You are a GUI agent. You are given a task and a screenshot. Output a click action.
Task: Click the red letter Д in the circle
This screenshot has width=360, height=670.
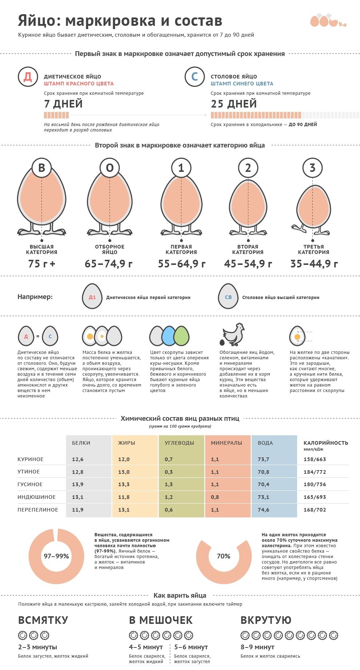(x=28, y=77)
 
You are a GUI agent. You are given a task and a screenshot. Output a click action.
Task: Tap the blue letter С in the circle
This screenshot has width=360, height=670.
(x=195, y=77)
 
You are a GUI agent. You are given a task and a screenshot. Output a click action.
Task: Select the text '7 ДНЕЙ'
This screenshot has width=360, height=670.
(x=63, y=104)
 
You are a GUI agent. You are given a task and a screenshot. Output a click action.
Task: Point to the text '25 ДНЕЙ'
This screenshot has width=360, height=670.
(x=234, y=104)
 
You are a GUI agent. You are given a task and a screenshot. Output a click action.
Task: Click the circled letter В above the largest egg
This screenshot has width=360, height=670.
(x=42, y=167)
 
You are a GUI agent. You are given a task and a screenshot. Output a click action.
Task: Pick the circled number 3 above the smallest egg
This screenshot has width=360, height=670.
(x=312, y=167)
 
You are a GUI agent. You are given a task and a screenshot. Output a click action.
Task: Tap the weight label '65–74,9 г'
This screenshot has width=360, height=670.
(x=109, y=264)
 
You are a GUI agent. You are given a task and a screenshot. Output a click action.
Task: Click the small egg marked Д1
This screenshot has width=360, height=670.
(x=92, y=297)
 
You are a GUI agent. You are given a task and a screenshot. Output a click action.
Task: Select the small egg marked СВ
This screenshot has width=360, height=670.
(x=228, y=297)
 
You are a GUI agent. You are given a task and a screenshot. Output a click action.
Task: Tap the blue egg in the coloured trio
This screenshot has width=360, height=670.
(x=168, y=336)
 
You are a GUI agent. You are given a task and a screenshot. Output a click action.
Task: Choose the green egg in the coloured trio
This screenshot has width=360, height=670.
(x=181, y=336)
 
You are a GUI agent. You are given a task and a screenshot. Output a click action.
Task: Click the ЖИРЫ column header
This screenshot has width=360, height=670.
(x=127, y=443)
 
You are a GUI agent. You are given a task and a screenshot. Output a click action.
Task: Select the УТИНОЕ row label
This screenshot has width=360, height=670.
(x=29, y=472)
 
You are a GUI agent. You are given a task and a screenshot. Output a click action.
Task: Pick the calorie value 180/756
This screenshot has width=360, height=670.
(x=315, y=484)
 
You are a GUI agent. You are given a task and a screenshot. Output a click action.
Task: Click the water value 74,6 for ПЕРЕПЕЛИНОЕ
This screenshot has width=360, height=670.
(x=264, y=510)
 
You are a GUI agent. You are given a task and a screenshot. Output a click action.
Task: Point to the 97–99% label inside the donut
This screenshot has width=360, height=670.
(x=56, y=556)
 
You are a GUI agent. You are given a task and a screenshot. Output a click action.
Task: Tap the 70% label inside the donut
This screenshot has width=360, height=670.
(x=224, y=556)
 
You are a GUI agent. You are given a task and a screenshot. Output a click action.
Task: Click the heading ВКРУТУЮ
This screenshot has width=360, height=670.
(x=266, y=620)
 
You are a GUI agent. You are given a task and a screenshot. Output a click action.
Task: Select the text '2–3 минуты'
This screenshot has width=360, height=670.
(x=37, y=647)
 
